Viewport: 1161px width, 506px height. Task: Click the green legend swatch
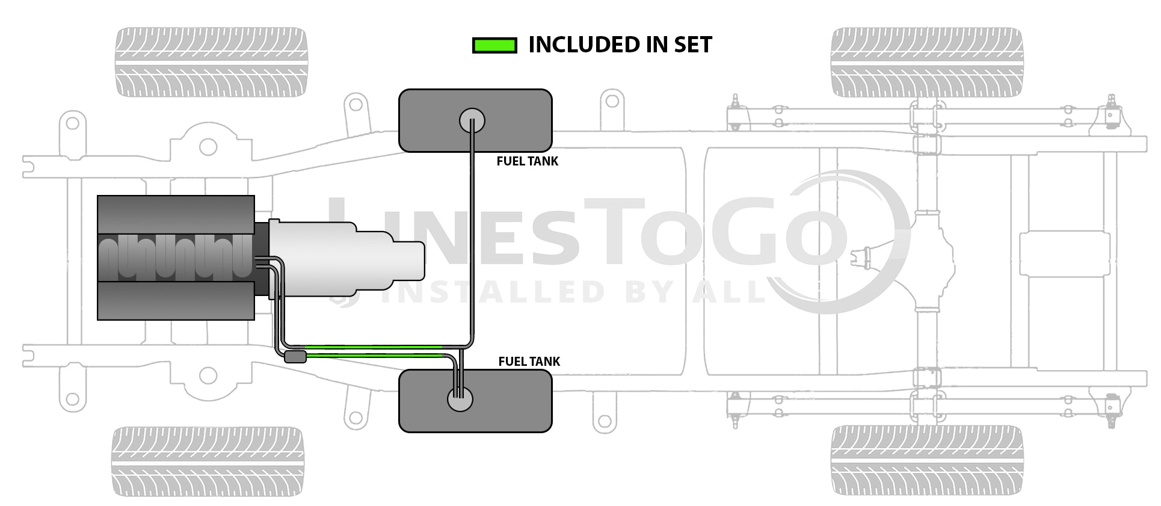494,45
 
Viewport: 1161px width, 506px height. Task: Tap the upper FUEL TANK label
527,161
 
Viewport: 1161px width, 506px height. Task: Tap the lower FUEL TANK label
529,362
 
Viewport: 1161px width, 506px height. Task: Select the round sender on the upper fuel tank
472,121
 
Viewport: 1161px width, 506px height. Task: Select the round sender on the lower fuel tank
460,399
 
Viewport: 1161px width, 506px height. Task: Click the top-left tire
211,62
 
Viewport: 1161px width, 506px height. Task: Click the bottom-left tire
208,461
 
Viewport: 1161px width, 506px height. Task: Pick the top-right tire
926,62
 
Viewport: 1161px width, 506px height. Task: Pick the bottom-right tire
926,460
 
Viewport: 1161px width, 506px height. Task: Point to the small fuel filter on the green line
295,357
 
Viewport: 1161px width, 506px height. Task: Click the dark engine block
175,258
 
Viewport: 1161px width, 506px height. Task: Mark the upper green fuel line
373,347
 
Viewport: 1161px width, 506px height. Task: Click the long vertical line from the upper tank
472,241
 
